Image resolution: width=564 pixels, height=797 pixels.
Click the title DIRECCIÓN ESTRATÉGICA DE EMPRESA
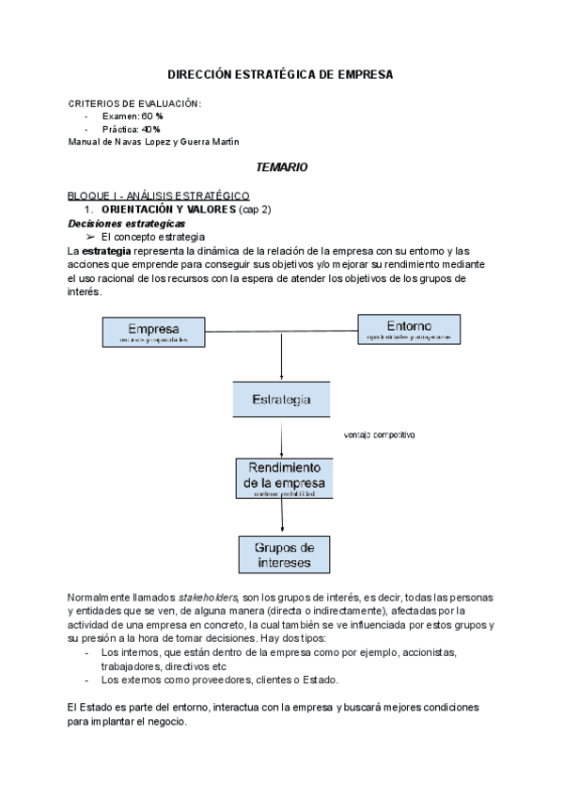click(280, 73)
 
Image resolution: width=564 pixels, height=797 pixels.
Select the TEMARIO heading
click(282, 166)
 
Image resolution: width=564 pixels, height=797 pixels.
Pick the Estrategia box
click(281, 399)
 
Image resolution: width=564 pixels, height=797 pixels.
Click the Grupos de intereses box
click(283, 555)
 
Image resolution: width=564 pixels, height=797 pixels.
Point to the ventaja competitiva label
click(381, 435)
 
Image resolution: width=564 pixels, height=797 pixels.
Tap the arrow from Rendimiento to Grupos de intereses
click(282, 517)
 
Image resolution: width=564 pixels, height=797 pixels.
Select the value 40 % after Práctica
click(150, 129)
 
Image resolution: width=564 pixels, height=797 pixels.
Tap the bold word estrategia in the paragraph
click(107, 252)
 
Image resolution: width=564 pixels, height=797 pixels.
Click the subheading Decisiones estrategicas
click(127, 224)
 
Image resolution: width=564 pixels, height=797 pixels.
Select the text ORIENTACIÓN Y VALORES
click(169, 209)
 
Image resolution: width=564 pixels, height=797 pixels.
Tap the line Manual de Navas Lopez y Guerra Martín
click(153, 141)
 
